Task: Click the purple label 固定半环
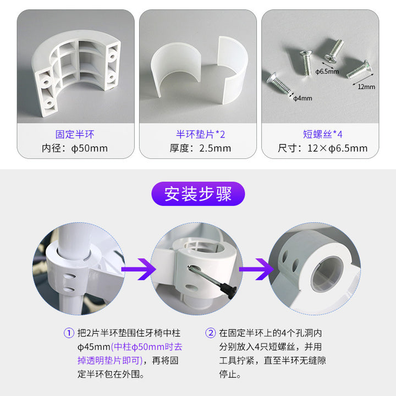click(x=75, y=134)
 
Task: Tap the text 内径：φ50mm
click(x=75, y=148)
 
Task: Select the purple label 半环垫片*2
click(x=201, y=134)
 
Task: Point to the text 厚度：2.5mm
click(x=200, y=148)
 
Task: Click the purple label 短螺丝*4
click(x=322, y=134)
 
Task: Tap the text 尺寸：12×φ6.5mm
click(x=322, y=148)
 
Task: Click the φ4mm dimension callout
click(x=302, y=98)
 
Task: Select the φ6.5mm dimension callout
click(x=327, y=71)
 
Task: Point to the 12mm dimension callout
click(x=366, y=87)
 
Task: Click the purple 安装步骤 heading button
click(x=198, y=194)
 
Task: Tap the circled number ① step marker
click(x=69, y=333)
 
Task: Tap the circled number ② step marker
click(x=211, y=333)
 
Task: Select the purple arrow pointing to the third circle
click(x=256, y=269)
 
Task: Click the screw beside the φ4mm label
click(x=280, y=84)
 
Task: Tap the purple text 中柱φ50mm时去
click(x=148, y=346)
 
